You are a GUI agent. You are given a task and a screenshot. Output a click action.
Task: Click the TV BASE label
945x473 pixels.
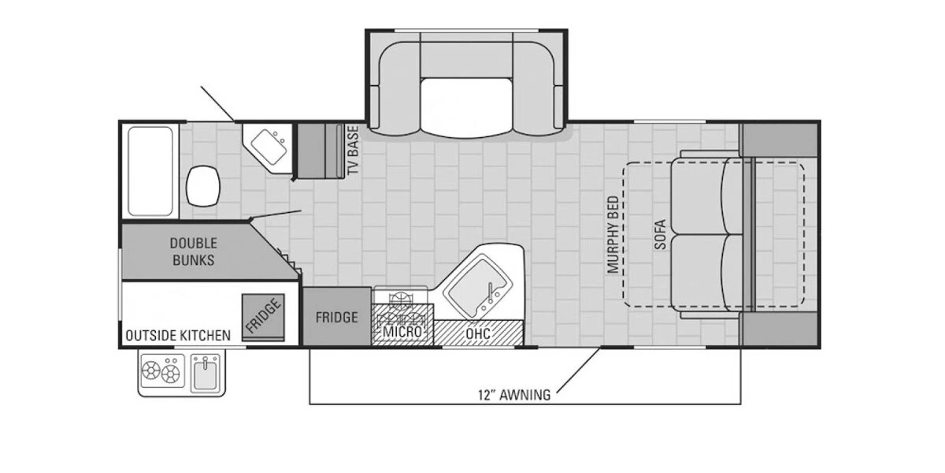[353, 150]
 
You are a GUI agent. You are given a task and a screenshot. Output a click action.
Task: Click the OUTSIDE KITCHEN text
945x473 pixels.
[178, 335]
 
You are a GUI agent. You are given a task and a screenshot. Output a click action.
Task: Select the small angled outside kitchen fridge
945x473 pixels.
[262, 316]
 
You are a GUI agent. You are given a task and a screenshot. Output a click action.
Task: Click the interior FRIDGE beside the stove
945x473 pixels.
[337, 317]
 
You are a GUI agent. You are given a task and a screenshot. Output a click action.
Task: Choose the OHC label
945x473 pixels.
[478, 333]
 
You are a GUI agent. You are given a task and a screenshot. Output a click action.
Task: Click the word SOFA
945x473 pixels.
[660, 234]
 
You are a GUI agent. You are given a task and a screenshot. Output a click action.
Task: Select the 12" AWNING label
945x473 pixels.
[513, 395]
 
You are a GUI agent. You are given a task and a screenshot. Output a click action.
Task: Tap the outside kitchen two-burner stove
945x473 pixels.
[161, 372]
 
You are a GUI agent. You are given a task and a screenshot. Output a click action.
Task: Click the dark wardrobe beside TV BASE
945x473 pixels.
[319, 150]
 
